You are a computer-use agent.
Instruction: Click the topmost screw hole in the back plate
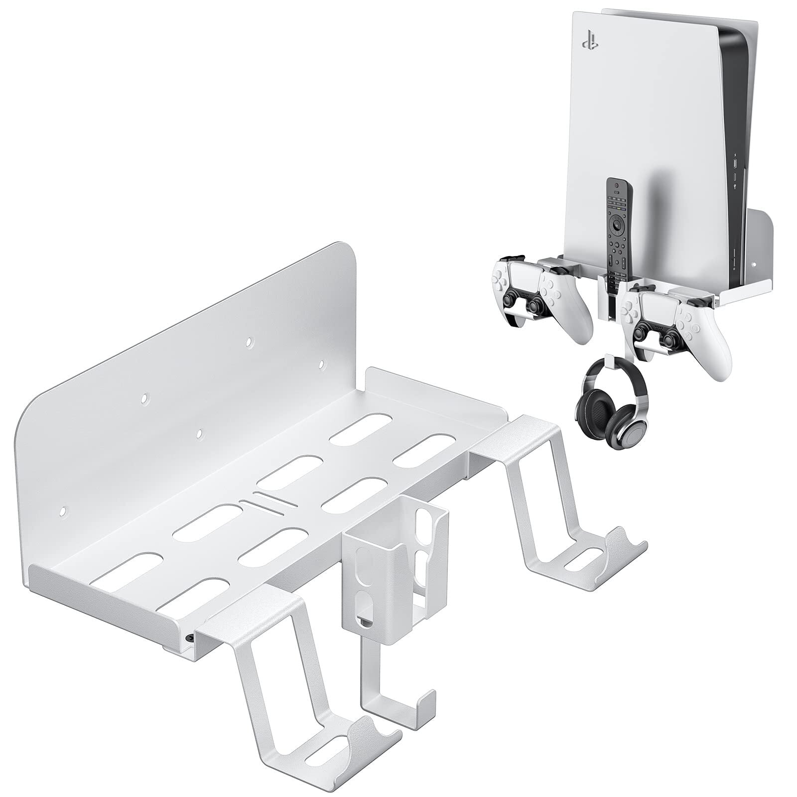(248, 342)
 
